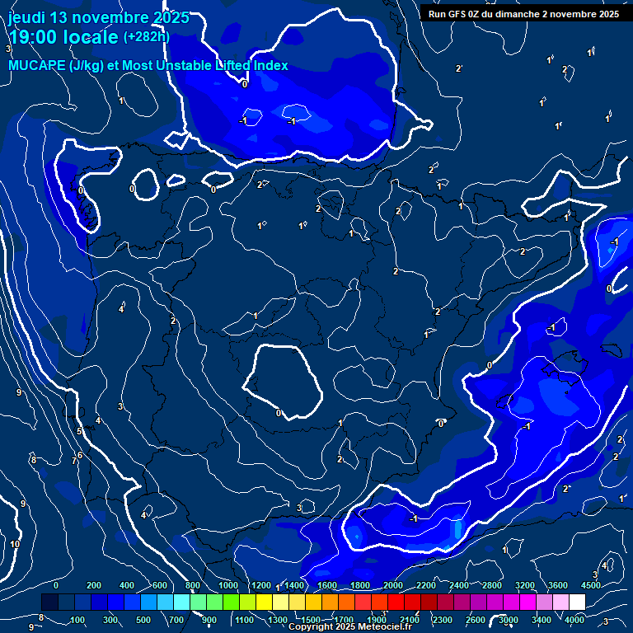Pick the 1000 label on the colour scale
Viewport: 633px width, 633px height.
[x=228, y=585]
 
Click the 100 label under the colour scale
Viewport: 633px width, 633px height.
[x=77, y=620]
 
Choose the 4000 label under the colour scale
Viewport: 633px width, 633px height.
[x=574, y=620]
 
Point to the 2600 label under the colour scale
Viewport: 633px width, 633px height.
[x=476, y=620]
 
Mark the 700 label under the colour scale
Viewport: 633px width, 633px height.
[x=176, y=620]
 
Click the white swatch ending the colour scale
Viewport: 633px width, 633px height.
[x=577, y=603]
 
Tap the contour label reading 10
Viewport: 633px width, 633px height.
[x=15, y=544]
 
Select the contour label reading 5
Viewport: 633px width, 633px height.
[x=80, y=431]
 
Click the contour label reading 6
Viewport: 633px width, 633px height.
[x=80, y=455]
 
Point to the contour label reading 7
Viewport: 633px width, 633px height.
[x=73, y=462]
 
